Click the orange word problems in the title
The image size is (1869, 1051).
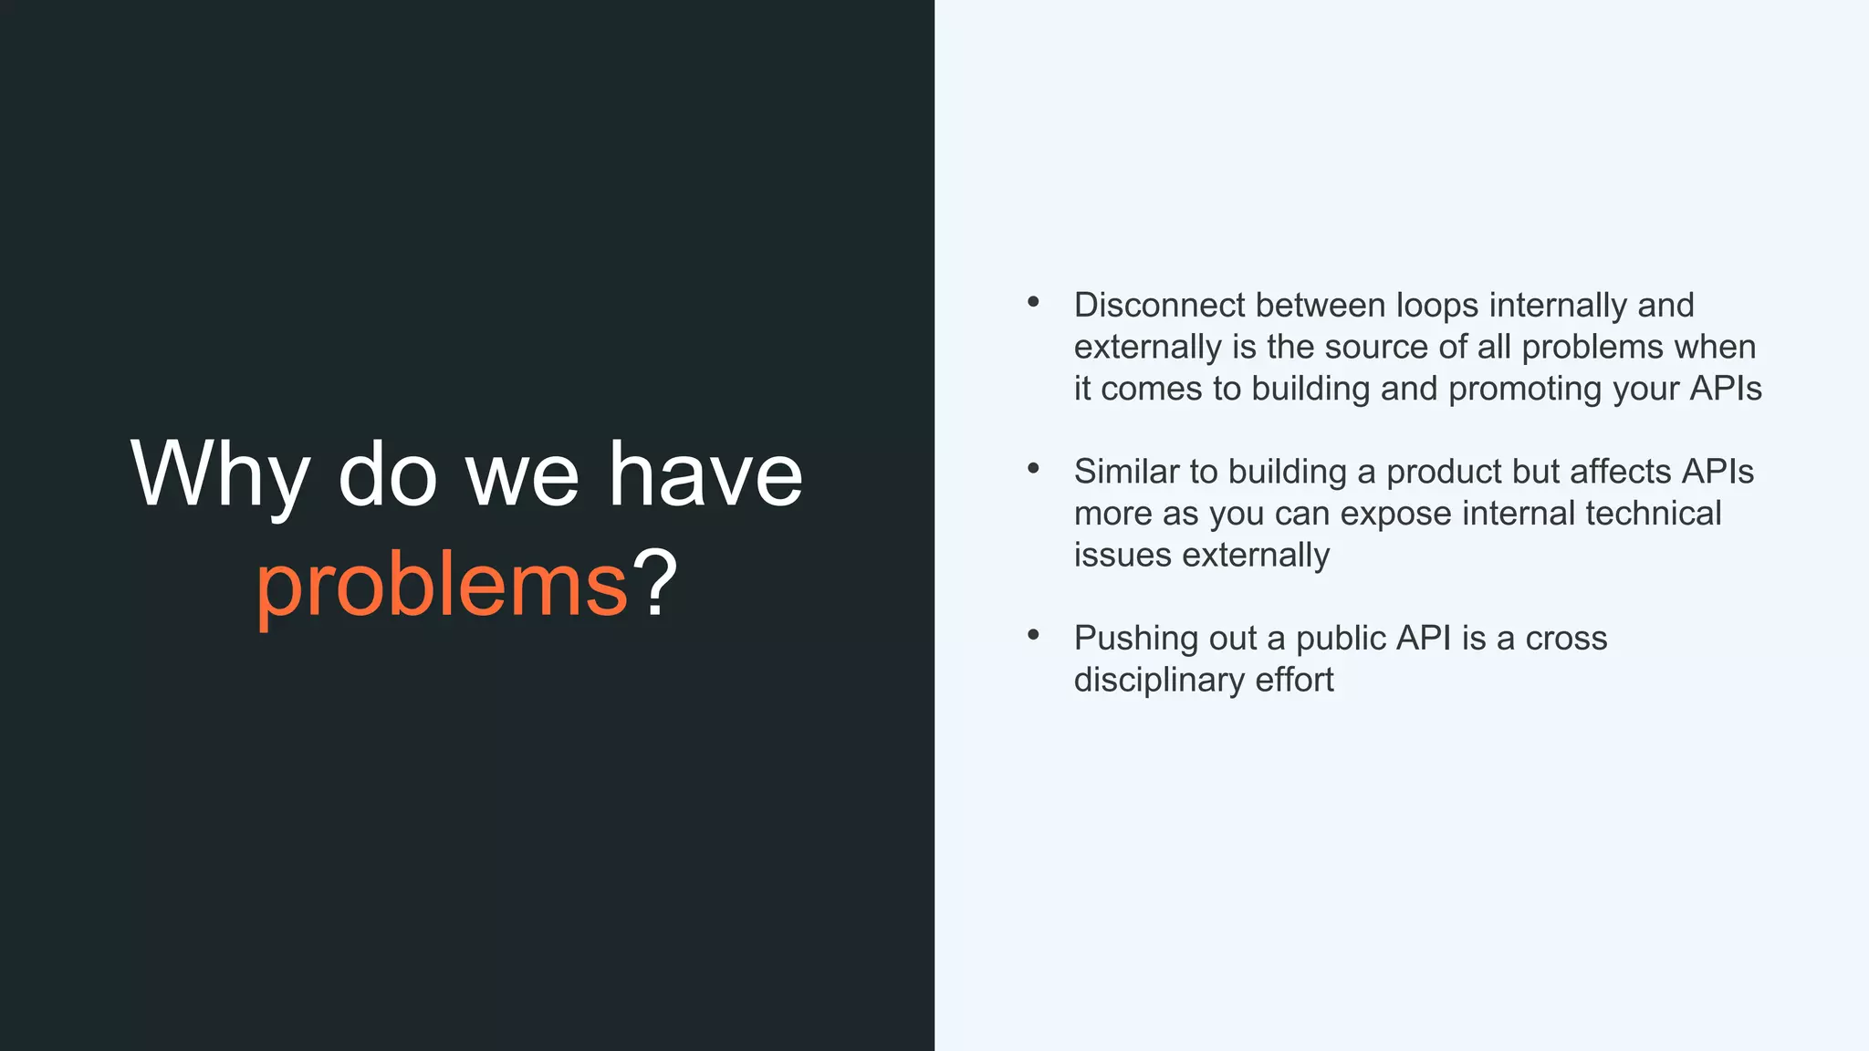click(x=442, y=585)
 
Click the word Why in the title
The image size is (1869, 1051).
click(x=220, y=475)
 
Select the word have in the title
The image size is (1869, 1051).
click(x=705, y=475)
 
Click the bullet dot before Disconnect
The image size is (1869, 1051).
click(x=1033, y=302)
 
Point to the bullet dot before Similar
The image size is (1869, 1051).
click(x=1033, y=469)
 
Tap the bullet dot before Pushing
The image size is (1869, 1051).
click(x=1033, y=635)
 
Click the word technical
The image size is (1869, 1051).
click(x=1653, y=513)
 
